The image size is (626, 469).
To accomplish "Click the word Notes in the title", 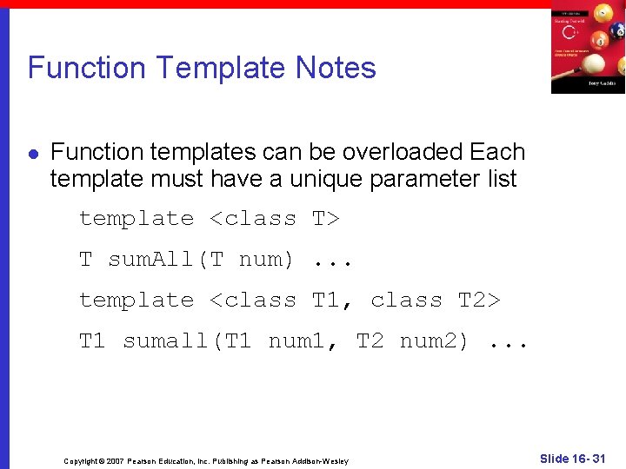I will pos(336,68).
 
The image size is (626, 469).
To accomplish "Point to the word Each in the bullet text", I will pos(497,152).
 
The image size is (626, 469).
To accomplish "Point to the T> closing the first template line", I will pos(325,219).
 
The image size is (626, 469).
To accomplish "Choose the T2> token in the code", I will pos(479,301).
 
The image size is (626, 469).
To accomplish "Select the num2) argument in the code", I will pos(434,341).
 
